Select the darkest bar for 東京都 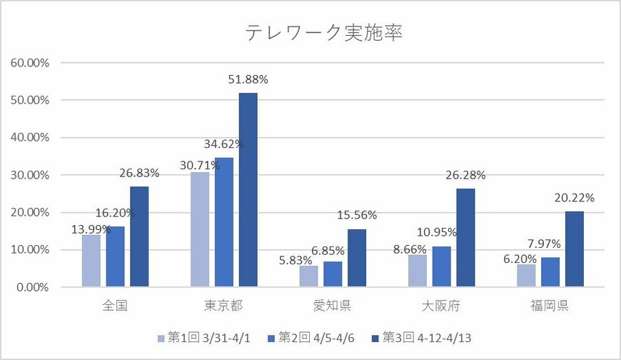click(x=248, y=190)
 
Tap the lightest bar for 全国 click(x=91, y=261)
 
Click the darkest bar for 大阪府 click(x=465, y=238)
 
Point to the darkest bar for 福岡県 click(x=575, y=249)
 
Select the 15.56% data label click(x=357, y=215)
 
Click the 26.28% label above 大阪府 click(x=465, y=174)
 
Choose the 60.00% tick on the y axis click(x=29, y=63)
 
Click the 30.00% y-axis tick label click(x=29, y=175)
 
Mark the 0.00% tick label click(x=32, y=287)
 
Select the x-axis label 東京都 click(x=223, y=306)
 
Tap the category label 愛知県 click(x=333, y=306)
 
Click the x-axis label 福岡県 click(x=550, y=306)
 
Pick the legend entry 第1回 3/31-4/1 click(x=204, y=336)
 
